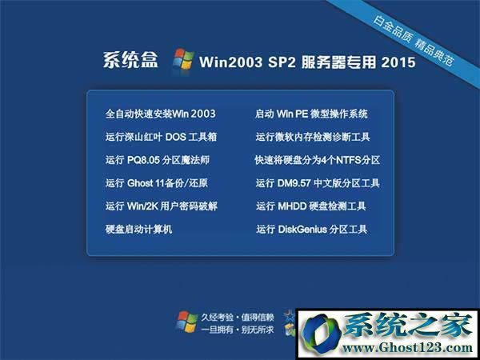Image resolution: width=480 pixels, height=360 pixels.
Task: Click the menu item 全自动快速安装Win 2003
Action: [x=160, y=114]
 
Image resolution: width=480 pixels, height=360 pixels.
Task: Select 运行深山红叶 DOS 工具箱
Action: [x=161, y=137]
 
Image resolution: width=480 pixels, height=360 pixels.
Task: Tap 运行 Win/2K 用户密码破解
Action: [x=161, y=206]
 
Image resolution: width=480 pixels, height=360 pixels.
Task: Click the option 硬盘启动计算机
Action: [x=139, y=230]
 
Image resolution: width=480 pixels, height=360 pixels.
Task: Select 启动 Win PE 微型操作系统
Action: [x=311, y=114]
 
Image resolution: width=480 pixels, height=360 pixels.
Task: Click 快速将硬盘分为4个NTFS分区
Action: [x=317, y=160]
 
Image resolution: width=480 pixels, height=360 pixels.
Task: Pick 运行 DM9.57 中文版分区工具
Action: [x=318, y=183]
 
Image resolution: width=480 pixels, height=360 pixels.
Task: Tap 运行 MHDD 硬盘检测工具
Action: [x=311, y=206]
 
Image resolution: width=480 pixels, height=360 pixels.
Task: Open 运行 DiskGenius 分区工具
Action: [x=311, y=230]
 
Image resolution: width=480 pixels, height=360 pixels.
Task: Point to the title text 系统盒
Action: [x=131, y=62]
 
